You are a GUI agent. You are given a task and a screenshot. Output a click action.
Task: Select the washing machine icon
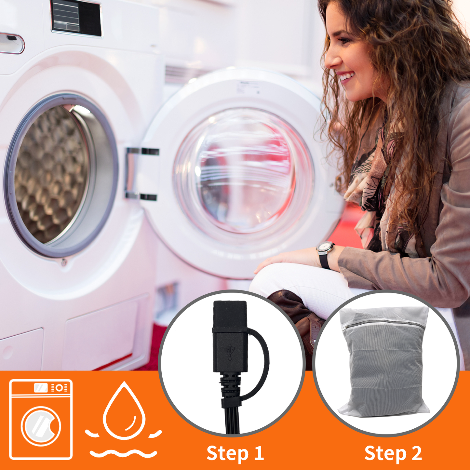pyautogui.click(x=41, y=419)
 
